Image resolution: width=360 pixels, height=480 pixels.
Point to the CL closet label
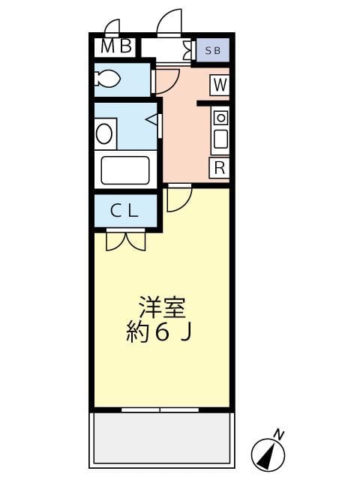(124, 211)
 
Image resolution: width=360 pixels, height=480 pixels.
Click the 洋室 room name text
(161, 307)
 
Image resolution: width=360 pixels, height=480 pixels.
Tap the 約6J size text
(161, 332)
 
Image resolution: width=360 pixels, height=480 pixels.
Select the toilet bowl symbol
(109, 79)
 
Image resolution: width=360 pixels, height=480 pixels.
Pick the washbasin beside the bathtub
(104, 134)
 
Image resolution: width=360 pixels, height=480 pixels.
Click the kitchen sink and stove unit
(220, 129)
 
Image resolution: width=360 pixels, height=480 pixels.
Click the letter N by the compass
(279, 433)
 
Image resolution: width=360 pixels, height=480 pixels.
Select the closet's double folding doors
(125, 240)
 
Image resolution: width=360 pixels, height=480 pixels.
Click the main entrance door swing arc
(170, 23)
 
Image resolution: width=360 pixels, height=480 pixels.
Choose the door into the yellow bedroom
(178, 198)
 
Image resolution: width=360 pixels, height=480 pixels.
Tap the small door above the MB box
(112, 28)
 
